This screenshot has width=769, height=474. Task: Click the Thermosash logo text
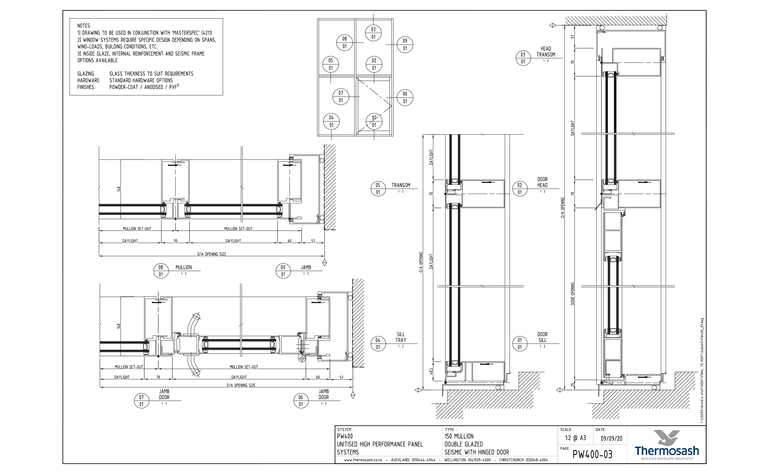(667, 451)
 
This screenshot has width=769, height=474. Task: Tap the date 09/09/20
(611, 439)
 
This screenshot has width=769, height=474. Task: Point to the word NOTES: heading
(84, 26)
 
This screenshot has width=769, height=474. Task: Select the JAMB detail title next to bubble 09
(306, 267)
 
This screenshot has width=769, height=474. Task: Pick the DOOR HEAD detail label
(542, 182)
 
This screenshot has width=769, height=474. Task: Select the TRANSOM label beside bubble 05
(401, 185)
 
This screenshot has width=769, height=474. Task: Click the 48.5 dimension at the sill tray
(431, 371)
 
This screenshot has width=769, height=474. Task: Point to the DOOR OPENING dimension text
(573, 294)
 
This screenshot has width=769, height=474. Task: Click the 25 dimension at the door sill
(573, 385)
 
